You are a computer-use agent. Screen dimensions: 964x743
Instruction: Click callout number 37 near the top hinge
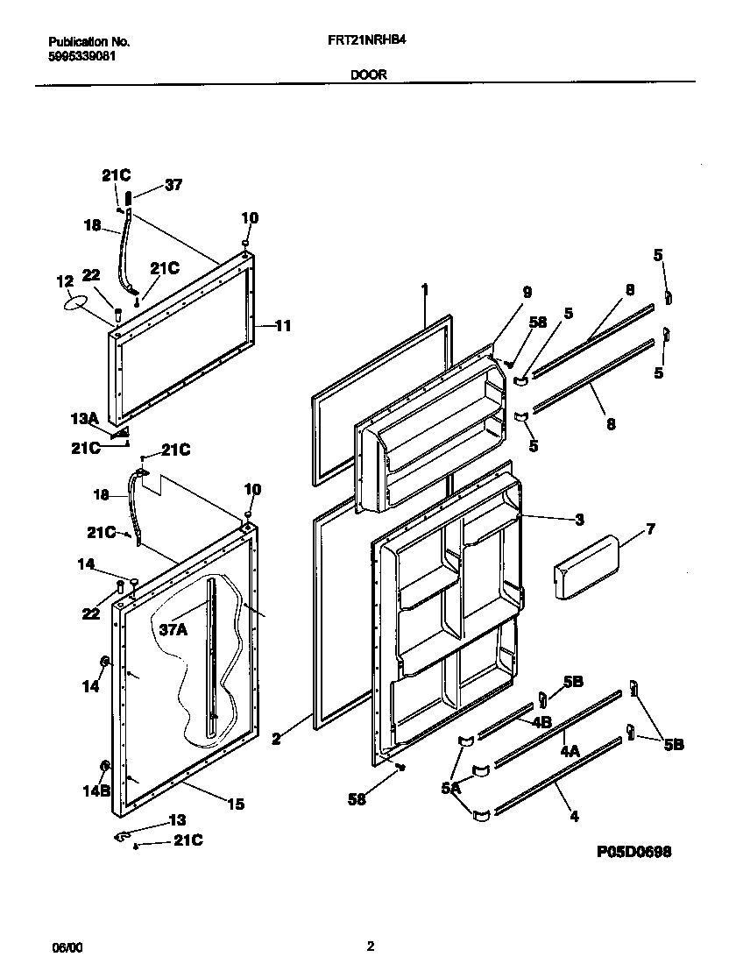[x=173, y=185]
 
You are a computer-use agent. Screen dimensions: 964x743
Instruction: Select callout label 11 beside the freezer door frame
[x=282, y=326]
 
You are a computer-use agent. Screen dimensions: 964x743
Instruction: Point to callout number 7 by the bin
[x=650, y=529]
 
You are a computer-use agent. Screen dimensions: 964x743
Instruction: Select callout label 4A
[x=570, y=751]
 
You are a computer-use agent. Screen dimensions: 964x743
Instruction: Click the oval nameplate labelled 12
[x=77, y=302]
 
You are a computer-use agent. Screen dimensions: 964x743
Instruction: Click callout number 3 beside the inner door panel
[x=579, y=520]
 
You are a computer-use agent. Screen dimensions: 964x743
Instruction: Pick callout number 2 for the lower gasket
[x=276, y=740]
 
